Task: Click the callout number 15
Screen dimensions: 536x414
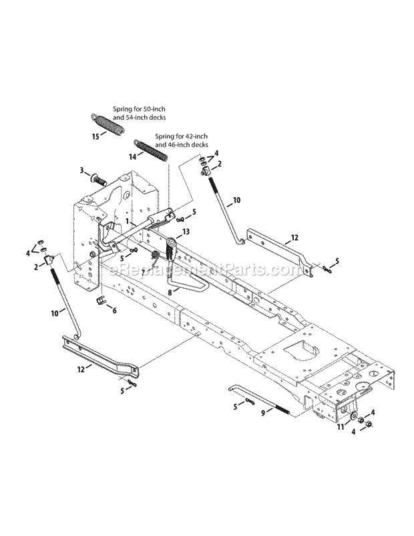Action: tap(95, 136)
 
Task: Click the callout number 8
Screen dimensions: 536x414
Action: tap(170, 291)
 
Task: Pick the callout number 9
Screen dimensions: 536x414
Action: tap(263, 413)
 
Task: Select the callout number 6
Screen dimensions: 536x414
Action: tap(114, 310)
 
